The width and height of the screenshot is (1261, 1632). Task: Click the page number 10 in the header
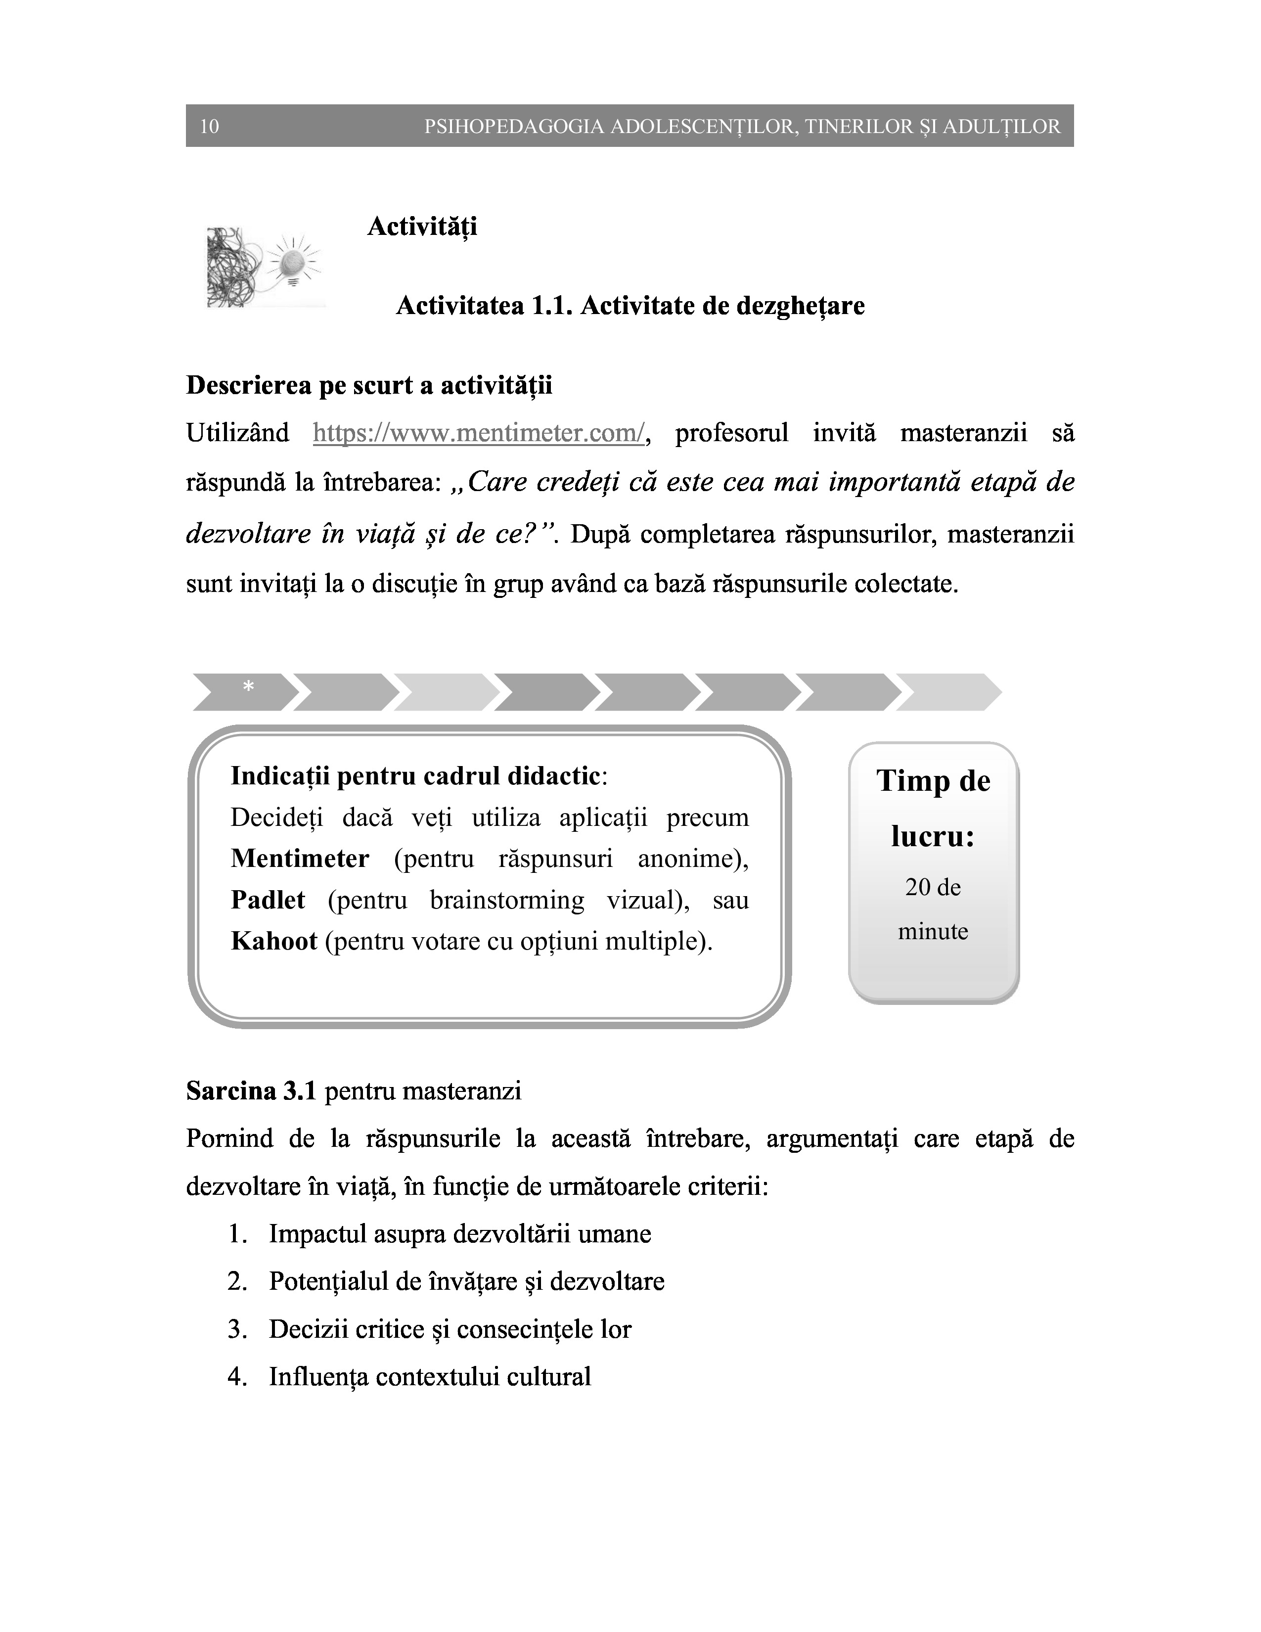[x=209, y=126]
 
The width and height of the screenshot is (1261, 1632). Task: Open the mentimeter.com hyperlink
[x=478, y=433]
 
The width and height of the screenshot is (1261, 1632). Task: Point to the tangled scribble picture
[x=232, y=267]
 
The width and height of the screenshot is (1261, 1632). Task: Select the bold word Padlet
[x=268, y=900]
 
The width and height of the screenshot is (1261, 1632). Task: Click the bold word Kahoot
[x=274, y=941]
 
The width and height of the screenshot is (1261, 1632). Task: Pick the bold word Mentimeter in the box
[x=300, y=859]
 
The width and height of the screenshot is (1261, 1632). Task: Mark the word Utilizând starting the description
[x=237, y=433]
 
